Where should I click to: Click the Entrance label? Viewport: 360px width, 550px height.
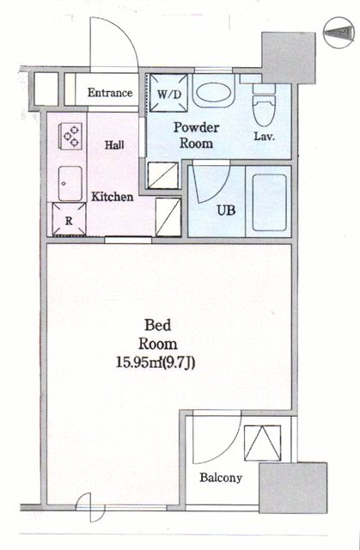pos(109,93)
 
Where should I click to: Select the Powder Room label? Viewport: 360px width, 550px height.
pos(196,135)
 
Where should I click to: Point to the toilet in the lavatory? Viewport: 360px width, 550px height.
pos(264,109)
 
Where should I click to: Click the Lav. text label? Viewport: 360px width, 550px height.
pos(264,136)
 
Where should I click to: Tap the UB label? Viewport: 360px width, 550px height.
pos(226,209)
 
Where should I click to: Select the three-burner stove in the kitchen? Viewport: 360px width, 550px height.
pos(70,136)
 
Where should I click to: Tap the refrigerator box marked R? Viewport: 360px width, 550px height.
pos(70,218)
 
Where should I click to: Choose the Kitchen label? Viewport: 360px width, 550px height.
pos(113,197)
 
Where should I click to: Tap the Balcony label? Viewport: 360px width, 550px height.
pos(222,479)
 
